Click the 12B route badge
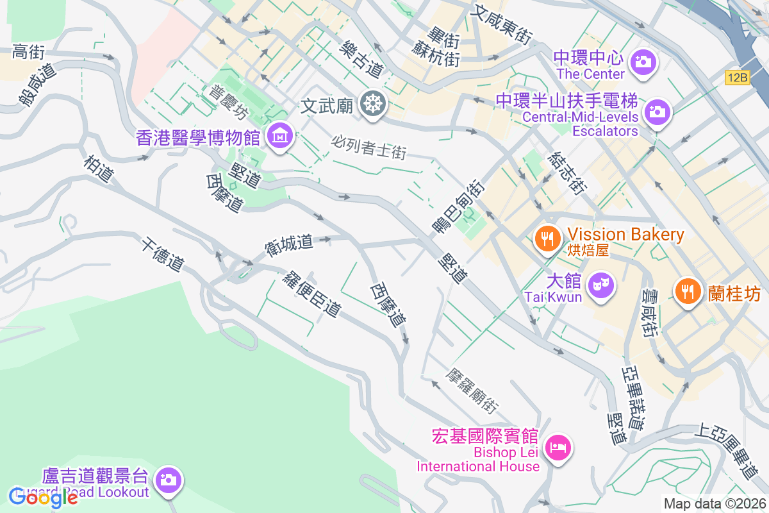coord(738,78)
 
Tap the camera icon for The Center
coord(641,62)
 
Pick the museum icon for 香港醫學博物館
coord(280,136)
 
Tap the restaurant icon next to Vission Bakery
coord(547,239)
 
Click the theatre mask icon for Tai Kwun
coord(600,282)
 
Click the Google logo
coord(43,496)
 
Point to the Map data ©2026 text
coord(715,503)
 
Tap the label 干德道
coord(163,254)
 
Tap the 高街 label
coord(29,51)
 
